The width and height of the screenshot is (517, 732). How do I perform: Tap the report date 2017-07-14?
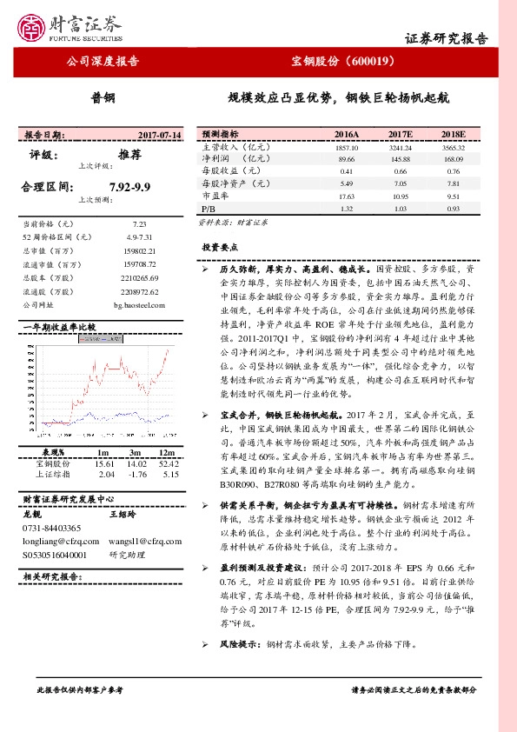click(x=160, y=136)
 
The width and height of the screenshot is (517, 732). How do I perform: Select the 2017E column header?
click(x=400, y=136)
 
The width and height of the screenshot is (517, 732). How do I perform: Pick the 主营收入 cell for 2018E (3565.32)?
click(x=454, y=149)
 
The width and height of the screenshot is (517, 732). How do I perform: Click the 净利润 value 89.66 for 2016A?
click(x=347, y=160)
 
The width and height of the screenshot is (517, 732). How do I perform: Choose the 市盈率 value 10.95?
click(x=400, y=197)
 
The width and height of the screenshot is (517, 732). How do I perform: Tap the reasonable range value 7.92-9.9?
click(x=131, y=186)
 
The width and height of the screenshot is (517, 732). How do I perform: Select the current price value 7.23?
click(x=129, y=223)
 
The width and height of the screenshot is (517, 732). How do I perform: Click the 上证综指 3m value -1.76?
click(x=136, y=475)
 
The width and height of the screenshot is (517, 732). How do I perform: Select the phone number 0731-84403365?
click(x=51, y=528)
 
